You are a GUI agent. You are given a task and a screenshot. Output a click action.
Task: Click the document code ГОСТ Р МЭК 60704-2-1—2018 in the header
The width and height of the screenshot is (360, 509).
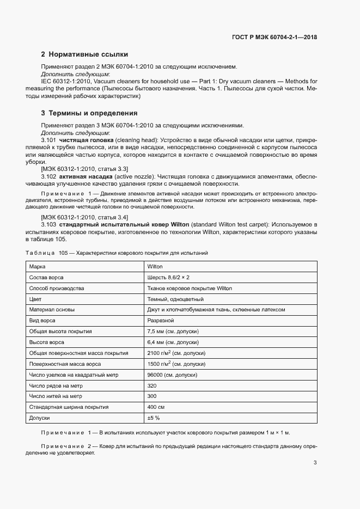(x=274, y=38)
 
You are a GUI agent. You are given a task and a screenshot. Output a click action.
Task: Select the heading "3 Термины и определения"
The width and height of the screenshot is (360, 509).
(x=89, y=113)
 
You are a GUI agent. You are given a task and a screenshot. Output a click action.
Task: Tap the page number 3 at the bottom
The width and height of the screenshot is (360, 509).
(x=315, y=463)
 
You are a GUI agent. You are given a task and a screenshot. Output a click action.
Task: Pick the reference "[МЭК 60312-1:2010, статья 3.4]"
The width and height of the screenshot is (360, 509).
(x=80, y=217)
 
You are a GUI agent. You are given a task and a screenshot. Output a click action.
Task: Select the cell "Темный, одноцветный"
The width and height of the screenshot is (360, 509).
(x=175, y=299)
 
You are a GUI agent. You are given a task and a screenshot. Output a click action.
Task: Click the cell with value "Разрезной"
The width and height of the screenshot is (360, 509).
(x=161, y=321)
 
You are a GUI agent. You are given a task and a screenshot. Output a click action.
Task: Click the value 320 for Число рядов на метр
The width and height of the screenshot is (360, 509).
(x=152, y=385)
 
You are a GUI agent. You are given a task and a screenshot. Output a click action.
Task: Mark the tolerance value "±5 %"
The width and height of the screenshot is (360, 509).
(x=153, y=418)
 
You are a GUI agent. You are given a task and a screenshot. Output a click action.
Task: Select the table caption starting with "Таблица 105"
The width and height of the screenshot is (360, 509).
(x=117, y=253)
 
